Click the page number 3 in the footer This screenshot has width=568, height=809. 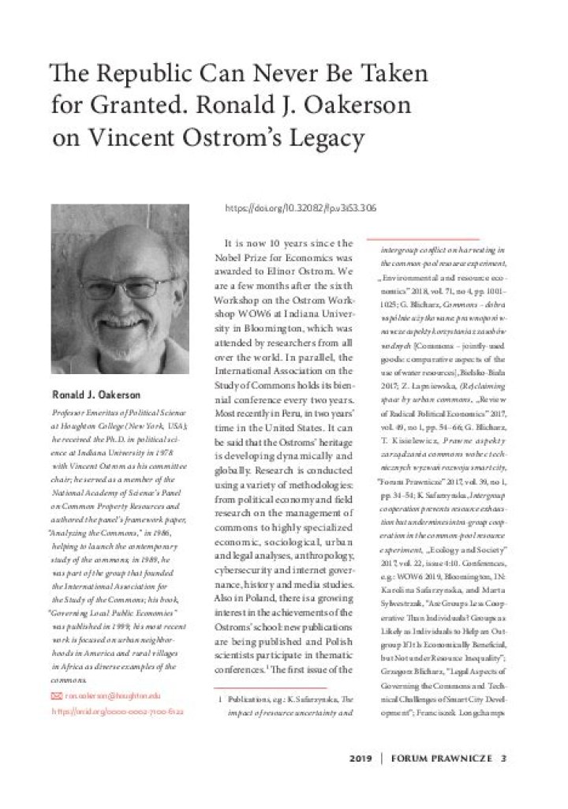503,758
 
